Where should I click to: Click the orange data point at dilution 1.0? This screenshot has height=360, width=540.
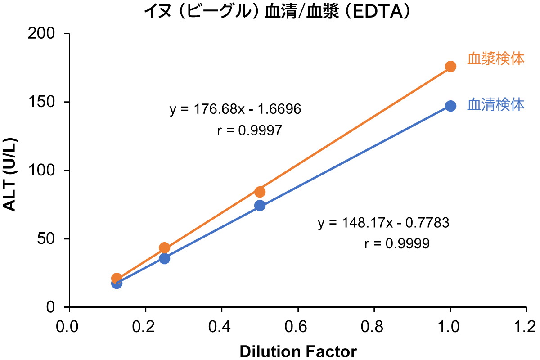click(450, 66)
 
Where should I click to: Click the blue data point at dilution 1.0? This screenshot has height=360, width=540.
click(450, 106)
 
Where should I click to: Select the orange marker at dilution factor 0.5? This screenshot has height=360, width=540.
click(260, 192)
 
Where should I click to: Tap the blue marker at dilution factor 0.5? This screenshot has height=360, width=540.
click(260, 206)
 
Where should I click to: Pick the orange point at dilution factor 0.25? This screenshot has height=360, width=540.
click(164, 247)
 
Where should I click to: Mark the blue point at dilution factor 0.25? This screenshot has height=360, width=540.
click(164, 258)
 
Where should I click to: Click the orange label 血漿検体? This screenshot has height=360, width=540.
click(496, 59)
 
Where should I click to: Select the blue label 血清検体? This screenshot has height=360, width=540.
click(496, 105)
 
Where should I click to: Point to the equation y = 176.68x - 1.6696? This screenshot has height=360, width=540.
click(235, 109)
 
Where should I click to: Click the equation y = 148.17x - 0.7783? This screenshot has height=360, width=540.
click(383, 223)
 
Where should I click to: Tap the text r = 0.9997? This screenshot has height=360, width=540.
click(249, 131)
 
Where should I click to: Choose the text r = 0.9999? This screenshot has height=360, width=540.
click(396, 244)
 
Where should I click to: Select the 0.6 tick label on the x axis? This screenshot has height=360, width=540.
click(297, 325)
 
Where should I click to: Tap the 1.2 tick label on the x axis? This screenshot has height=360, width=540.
click(526, 325)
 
